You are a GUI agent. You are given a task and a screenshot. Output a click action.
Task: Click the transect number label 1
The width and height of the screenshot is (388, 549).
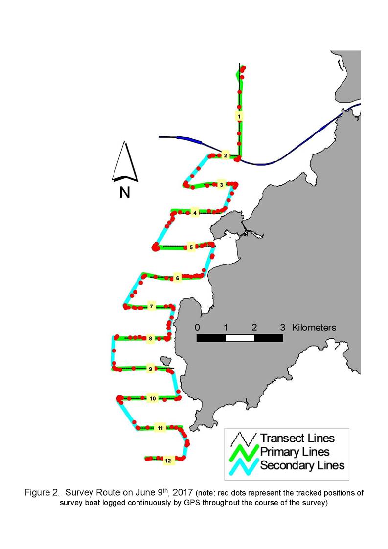pos(239,116)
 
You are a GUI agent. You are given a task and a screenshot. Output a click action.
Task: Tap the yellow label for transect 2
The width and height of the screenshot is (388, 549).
pos(226,155)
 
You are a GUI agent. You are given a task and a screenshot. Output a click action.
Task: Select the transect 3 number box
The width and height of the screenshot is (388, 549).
pos(221,184)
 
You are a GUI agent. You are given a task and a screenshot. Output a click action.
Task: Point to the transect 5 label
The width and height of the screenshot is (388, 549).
pos(191,247)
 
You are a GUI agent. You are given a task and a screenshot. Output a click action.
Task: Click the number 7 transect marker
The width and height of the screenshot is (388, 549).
pos(151,307)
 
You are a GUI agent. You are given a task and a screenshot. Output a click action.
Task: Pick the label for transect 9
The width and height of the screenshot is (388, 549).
pos(151,369)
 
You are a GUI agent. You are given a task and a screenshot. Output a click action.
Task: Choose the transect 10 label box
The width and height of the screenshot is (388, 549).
pos(153,398)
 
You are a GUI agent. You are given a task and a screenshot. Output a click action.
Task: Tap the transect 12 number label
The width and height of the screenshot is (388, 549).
pos(168,461)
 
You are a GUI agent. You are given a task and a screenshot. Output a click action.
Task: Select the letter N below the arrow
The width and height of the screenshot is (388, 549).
pos(125,192)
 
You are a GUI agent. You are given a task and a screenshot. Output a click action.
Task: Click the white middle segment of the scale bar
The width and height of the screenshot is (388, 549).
pos(240,338)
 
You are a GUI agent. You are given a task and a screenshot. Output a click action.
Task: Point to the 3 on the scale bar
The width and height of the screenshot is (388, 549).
pos(282,328)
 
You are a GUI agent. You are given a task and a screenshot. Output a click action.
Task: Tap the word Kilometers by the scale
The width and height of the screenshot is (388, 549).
pos(314,328)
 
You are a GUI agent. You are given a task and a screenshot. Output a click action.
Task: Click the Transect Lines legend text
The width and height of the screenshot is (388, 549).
pos(297,438)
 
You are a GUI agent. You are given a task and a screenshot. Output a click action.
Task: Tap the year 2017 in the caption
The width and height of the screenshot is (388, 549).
pos(183,493)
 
